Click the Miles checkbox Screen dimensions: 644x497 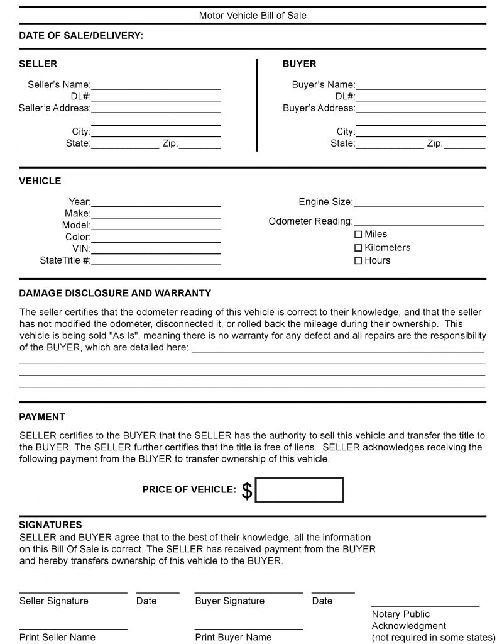point(359,235)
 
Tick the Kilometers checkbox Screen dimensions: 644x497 point(359,248)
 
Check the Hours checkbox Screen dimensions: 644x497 point(359,260)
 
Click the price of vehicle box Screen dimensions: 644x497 point(299,490)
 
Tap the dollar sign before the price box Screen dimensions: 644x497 point(247,491)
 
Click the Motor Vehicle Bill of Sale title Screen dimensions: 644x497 point(253,15)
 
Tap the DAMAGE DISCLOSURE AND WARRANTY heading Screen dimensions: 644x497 point(115,293)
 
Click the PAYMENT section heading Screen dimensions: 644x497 point(42,417)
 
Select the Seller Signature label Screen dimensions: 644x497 point(54,601)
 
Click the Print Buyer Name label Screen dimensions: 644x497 point(233,637)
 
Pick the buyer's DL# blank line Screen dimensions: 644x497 point(420,99)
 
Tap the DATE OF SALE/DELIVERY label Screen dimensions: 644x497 point(81,36)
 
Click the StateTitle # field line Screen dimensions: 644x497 point(156,263)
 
